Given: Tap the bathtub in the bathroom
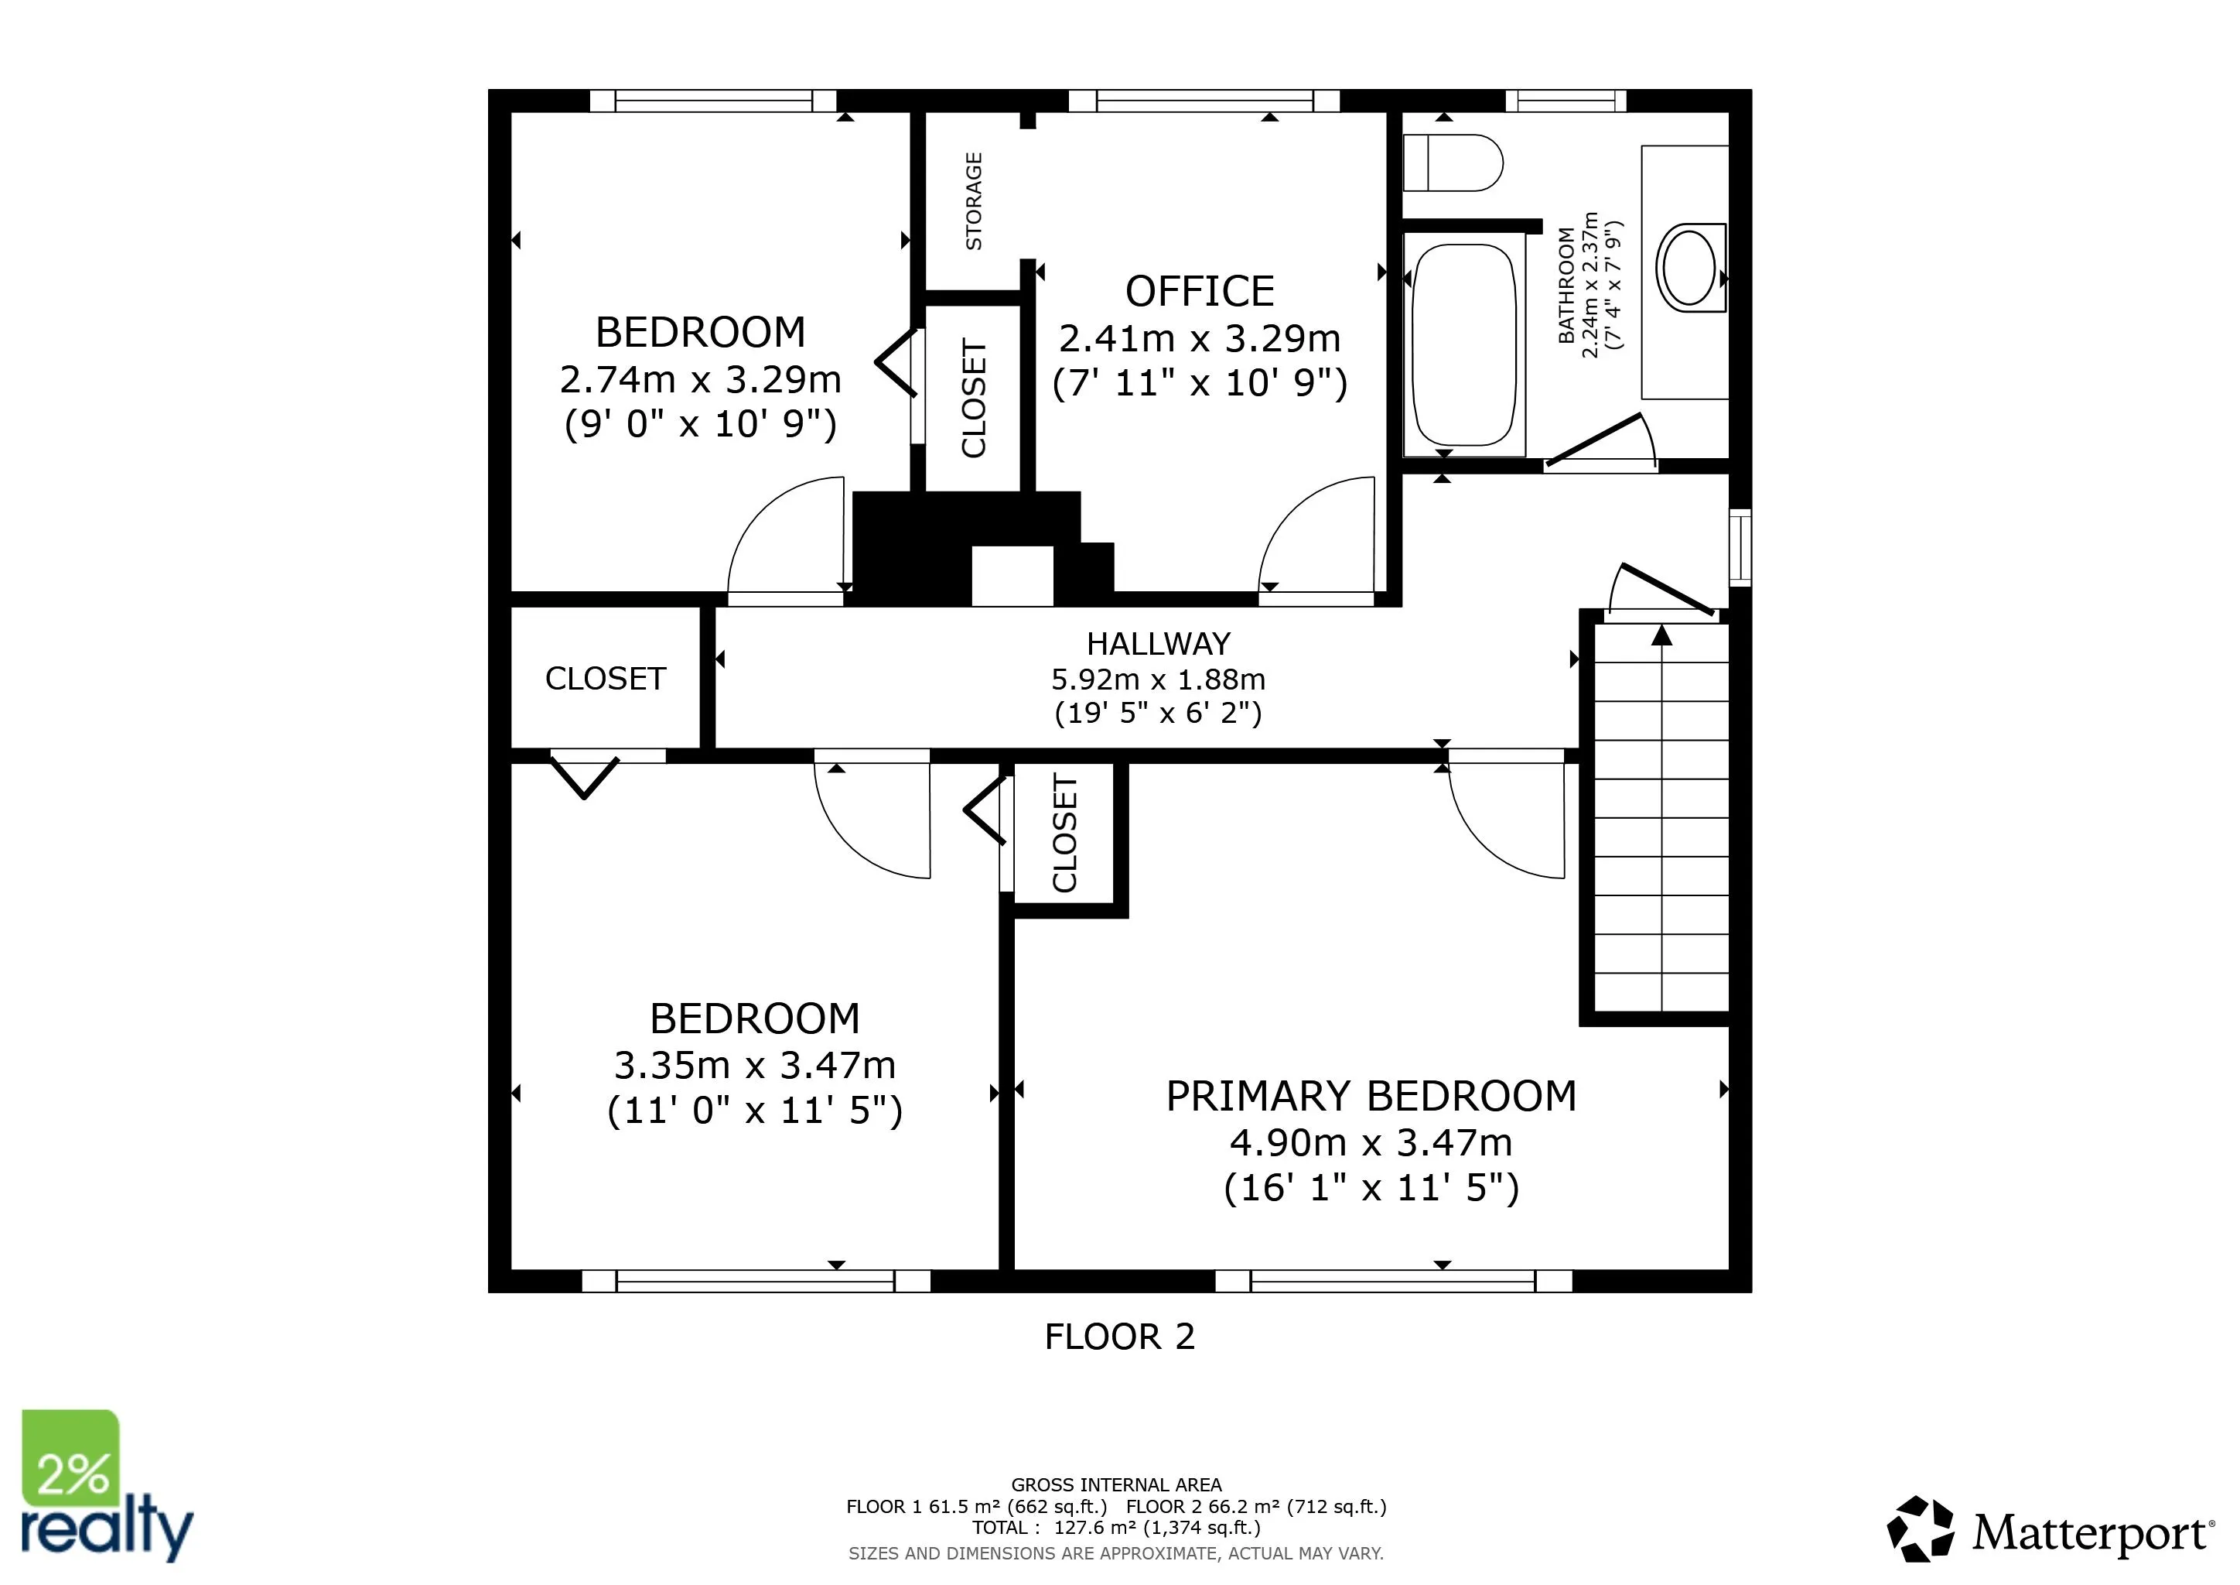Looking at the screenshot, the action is pos(1464,344).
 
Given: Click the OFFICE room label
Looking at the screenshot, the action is pos(1200,291).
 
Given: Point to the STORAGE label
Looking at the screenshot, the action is pos(974,201).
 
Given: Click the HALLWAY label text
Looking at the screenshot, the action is pos(1158,644).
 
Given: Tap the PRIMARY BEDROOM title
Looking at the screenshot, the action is pos(1371,1096).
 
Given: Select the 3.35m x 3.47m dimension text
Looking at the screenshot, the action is pos(754,1065).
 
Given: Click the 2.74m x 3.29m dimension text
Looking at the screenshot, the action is pos(701,378).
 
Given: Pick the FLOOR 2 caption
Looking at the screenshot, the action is pos(1120,1336).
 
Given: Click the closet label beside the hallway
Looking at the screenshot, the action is pos(605,678).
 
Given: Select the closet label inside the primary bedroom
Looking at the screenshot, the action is pos(1064,833).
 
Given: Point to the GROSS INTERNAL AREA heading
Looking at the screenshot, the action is pos(1116,1484).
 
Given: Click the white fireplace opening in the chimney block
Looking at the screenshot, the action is pos(1012,576).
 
